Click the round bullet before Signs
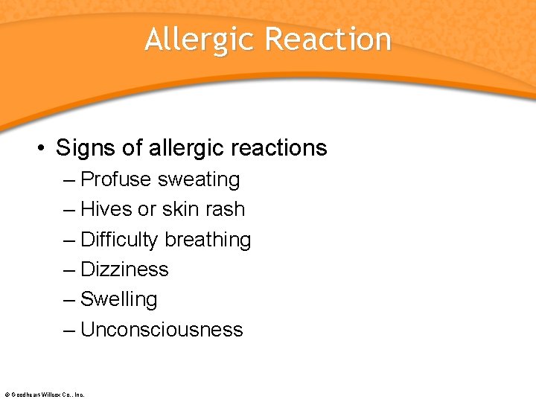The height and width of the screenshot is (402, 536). tap(42, 147)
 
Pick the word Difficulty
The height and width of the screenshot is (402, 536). tap(119, 240)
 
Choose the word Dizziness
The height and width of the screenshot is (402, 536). tap(124, 269)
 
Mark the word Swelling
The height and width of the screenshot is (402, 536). tap(118, 299)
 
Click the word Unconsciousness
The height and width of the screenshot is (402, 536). tap(162, 329)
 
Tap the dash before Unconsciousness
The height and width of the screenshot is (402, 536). tap(69, 329)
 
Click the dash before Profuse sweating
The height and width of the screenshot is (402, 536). tap(69, 179)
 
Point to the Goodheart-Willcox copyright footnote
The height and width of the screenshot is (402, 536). tap(44, 395)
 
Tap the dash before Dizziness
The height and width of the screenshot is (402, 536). tap(69, 269)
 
